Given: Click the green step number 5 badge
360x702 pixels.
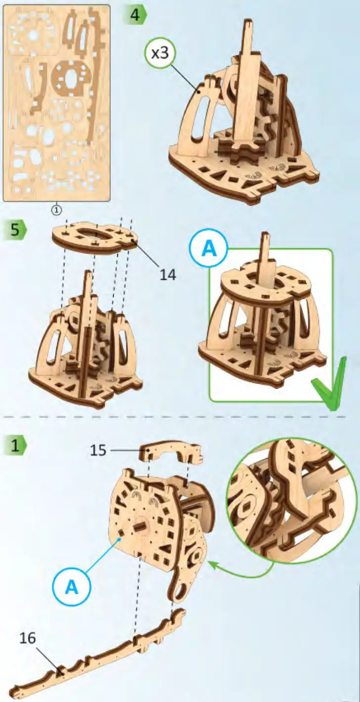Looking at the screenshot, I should click(x=15, y=230).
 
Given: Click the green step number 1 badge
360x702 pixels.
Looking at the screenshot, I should click(x=15, y=445).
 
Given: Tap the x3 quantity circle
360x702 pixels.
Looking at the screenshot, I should click(x=160, y=54).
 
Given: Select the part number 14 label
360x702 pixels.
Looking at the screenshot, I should click(x=168, y=274).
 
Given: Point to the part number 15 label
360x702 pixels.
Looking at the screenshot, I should click(x=98, y=450).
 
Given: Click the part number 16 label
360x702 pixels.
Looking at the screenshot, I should click(x=28, y=638).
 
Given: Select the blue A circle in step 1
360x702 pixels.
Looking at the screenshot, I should click(x=72, y=587).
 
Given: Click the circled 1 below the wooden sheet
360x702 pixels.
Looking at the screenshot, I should click(x=57, y=209).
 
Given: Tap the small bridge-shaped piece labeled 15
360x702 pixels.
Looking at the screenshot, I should click(x=171, y=452).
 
